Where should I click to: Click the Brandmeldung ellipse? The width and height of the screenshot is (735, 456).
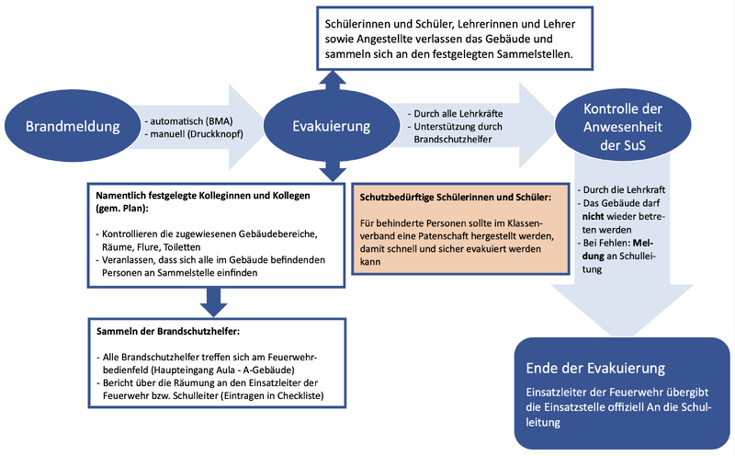click(x=68, y=127)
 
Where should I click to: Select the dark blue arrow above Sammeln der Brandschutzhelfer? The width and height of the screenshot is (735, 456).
click(x=213, y=298)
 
